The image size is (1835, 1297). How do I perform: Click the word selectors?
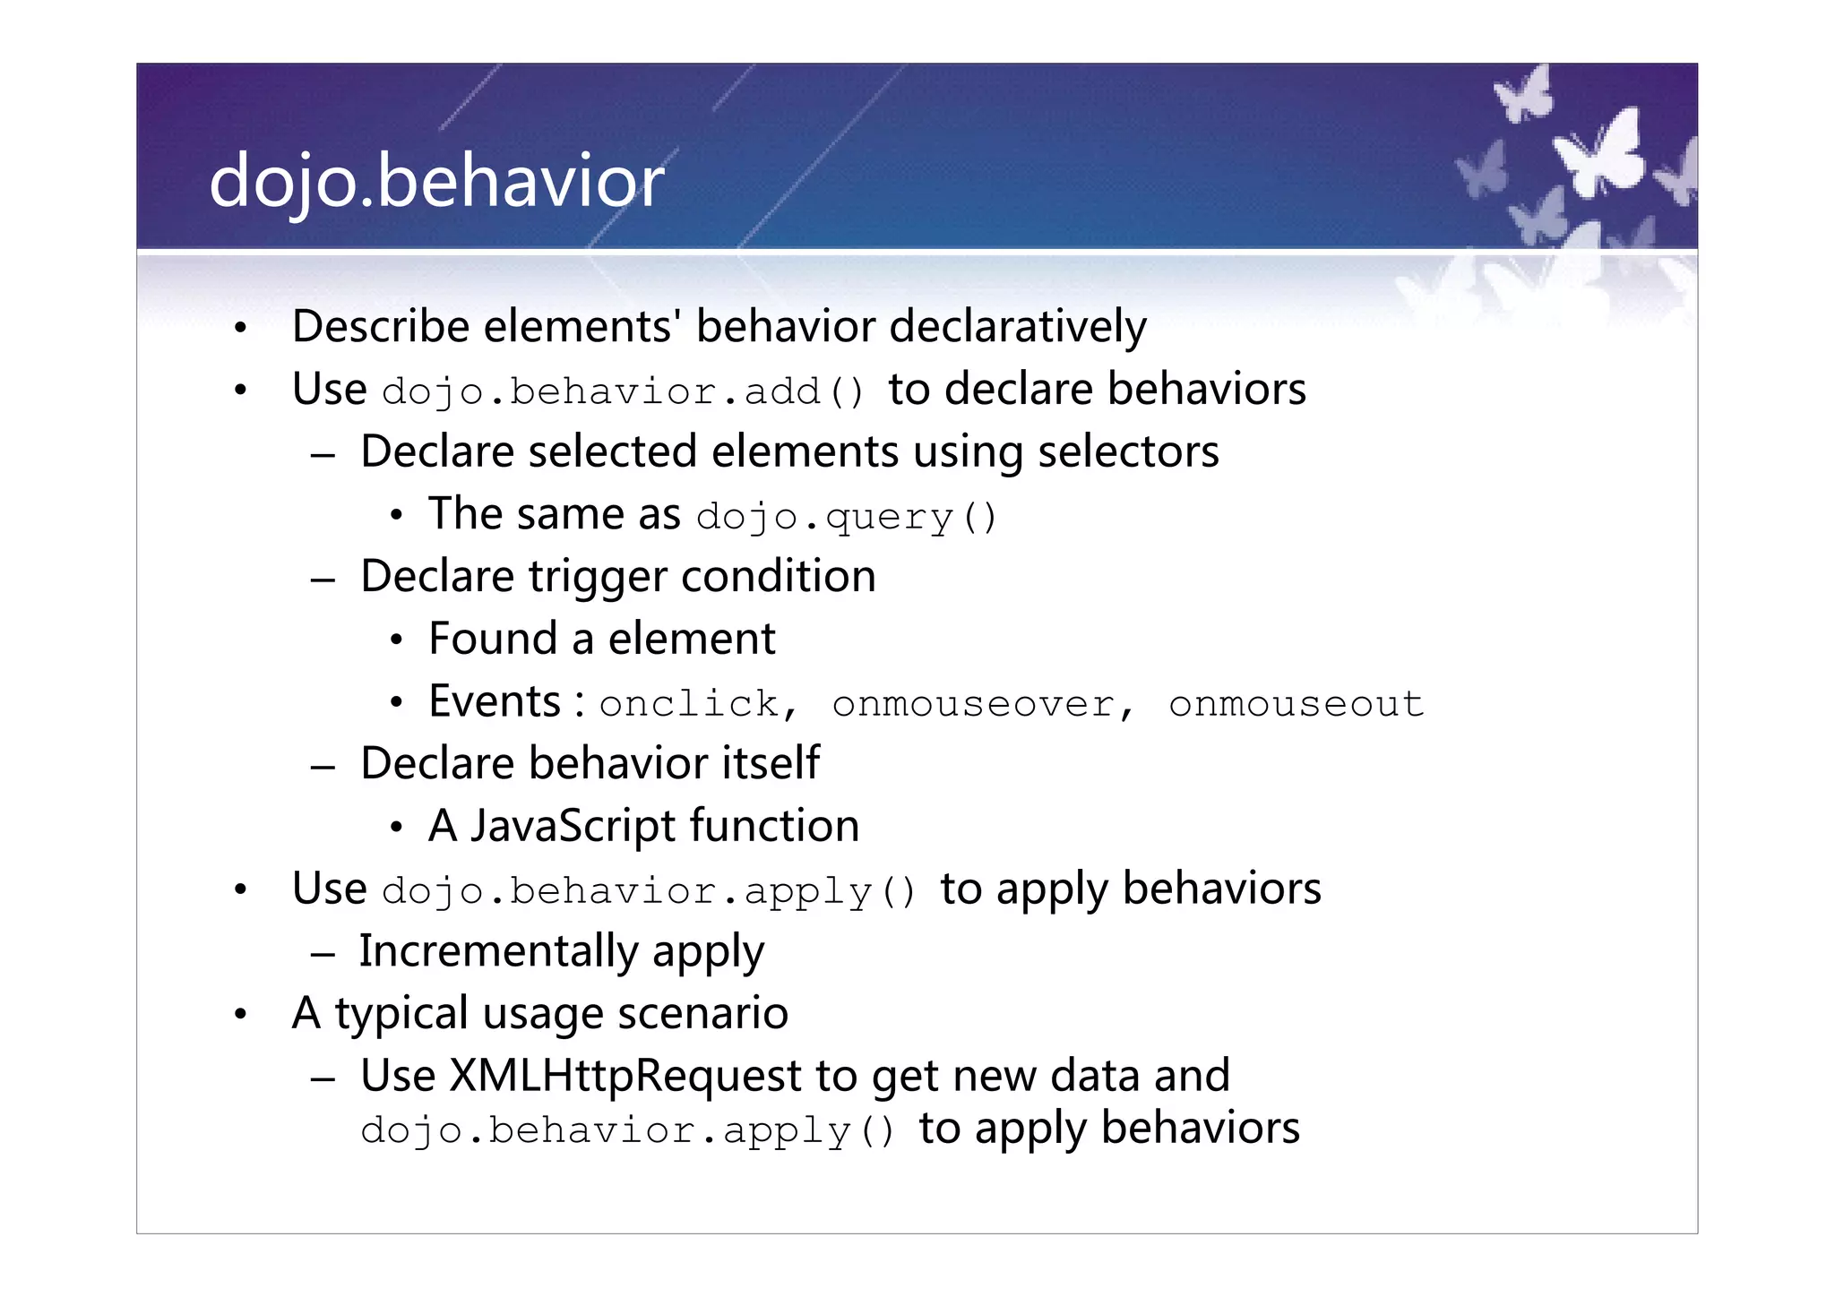click(x=1128, y=451)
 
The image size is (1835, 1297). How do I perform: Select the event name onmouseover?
click(x=974, y=704)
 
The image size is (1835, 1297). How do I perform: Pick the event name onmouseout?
click(x=1296, y=704)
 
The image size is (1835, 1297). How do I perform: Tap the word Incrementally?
click(x=498, y=951)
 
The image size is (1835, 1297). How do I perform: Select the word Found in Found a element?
click(x=493, y=640)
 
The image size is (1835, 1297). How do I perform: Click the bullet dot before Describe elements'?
click(x=239, y=329)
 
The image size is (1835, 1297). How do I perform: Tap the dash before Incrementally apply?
click(x=323, y=955)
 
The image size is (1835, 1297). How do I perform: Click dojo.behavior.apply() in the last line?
click(x=627, y=1130)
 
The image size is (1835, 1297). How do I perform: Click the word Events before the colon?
click(x=495, y=702)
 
